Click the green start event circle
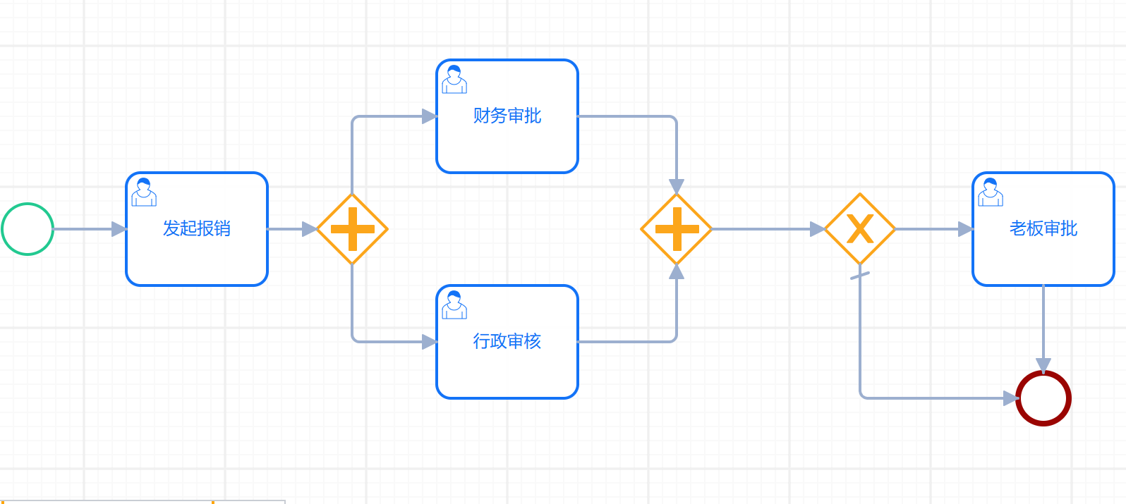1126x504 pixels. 28,229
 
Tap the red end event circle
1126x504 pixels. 1043,398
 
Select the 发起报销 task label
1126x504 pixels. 197,229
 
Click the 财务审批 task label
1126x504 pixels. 507,116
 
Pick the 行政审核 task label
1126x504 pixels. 507,342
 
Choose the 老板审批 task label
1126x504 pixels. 1043,229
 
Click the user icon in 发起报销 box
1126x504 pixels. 144,192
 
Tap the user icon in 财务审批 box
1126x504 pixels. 454,80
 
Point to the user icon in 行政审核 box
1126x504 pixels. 454,305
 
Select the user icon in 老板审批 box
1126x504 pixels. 991,192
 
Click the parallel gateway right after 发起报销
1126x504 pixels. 352,229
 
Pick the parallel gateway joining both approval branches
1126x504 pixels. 677,229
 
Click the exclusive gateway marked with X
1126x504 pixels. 860,229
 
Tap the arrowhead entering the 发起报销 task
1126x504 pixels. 119,229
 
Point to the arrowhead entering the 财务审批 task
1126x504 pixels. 429,116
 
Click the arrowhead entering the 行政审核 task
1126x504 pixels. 429,342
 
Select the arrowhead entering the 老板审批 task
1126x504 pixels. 965,229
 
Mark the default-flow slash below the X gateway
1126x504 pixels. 860,275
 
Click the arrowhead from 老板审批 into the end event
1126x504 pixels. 1043,365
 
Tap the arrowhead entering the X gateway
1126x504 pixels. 817,229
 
